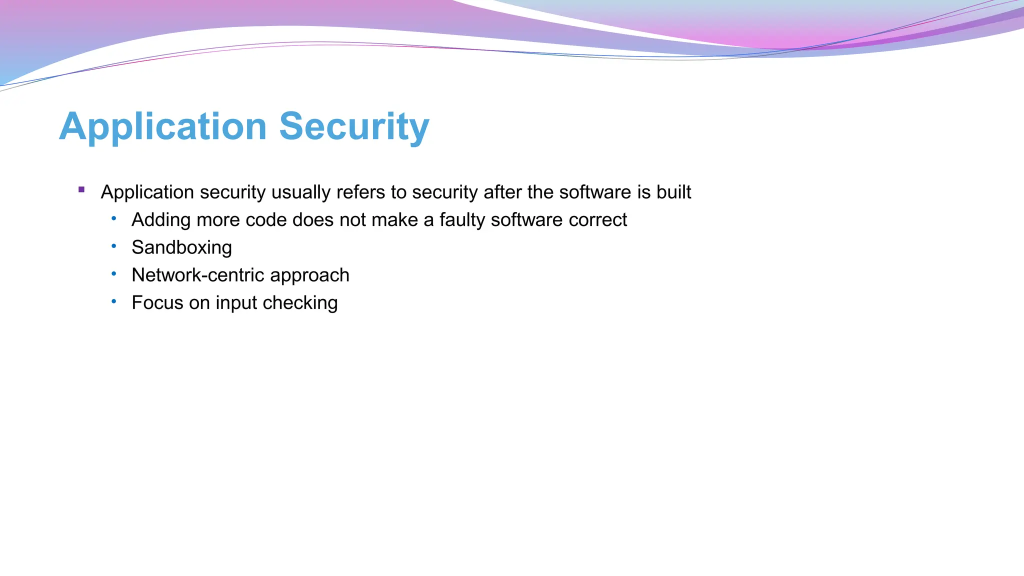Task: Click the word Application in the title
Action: (163, 127)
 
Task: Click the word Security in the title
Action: (354, 127)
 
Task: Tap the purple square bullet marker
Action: (81, 189)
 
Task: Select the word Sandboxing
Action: (181, 247)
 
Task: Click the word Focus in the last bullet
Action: (157, 302)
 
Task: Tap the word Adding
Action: (161, 220)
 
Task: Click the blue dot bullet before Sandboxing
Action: (114, 246)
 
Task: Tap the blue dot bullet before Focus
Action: (114, 301)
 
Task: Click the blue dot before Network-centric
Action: (114, 273)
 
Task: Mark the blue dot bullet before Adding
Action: (114, 218)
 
